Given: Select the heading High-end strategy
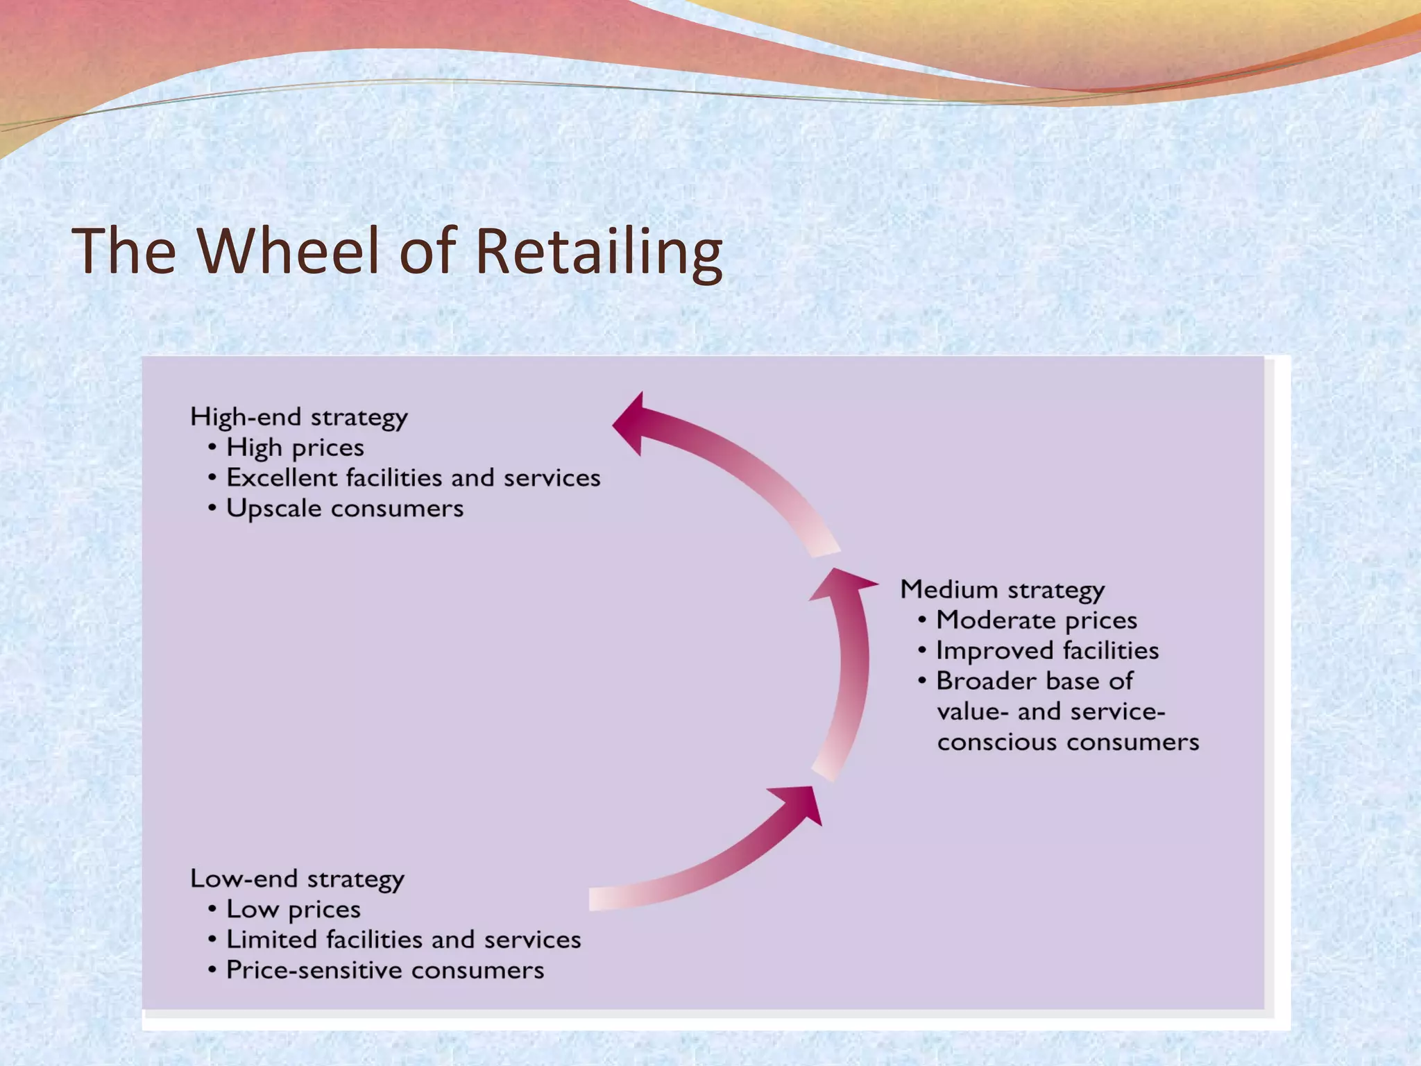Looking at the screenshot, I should point(298,417).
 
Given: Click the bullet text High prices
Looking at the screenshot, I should point(295,448).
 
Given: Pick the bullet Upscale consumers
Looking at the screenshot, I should point(344,508).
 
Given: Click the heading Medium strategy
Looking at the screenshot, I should point(1002,589).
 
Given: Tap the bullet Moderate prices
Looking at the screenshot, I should point(1036,620).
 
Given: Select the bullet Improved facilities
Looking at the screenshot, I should point(1047,650).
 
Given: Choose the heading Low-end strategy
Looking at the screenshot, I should point(297,879).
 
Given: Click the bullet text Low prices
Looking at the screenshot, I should point(293,909).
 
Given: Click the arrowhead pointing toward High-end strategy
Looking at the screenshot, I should point(631,423).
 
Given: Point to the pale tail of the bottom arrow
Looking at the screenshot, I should point(604,899).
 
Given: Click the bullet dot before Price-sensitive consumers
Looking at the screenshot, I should point(212,970).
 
